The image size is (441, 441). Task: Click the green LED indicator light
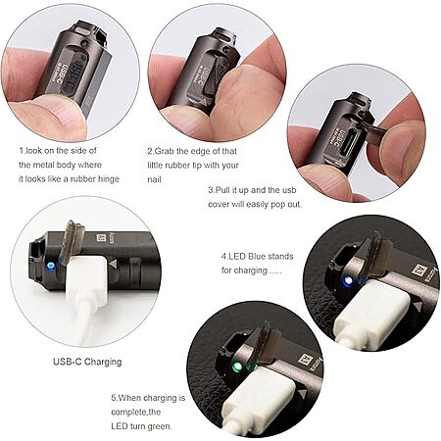pyautogui.click(x=237, y=367)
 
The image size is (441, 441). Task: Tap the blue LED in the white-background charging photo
pyautogui.click(x=50, y=266)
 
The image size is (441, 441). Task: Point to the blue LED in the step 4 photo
pyautogui.click(x=348, y=280)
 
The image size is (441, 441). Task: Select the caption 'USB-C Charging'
pyautogui.click(x=87, y=362)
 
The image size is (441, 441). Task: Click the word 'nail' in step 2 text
pyautogui.click(x=154, y=179)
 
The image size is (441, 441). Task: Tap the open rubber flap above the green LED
pyautogui.click(x=267, y=345)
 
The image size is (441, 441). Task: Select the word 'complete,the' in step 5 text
pyautogui.click(x=136, y=412)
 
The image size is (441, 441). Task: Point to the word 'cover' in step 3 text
pyautogui.click(x=219, y=205)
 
